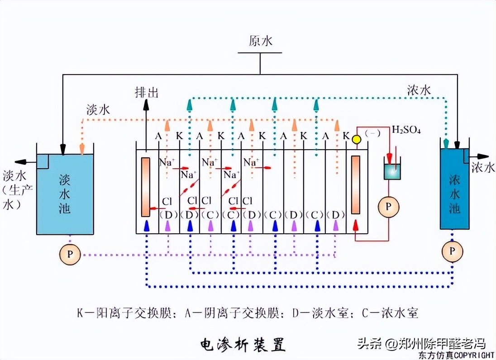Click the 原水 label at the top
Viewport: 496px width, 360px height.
[x=260, y=41]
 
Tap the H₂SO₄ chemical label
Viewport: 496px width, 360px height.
[x=406, y=130]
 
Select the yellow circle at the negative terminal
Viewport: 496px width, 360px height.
[x=356, y=140]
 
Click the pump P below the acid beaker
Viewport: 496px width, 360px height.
[x=389, y=206]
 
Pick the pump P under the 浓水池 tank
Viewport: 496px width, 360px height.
[x=453, y=252]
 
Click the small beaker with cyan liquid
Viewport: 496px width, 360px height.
[x=393, y=171]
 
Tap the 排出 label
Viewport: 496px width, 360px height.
[x=147, y=92]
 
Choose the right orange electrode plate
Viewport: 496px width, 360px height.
[x=356, y=184]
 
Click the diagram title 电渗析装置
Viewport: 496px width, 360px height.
[x=243, y=344]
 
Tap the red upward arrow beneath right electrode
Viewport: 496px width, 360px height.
[x=356, y=224]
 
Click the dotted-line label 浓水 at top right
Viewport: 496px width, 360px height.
[x=419, y=90]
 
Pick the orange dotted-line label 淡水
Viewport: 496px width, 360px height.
[x=98, y=109]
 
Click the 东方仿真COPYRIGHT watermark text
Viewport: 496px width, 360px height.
[x=456, y=355]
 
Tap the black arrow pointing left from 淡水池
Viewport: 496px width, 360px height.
[x=21, y=162]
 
